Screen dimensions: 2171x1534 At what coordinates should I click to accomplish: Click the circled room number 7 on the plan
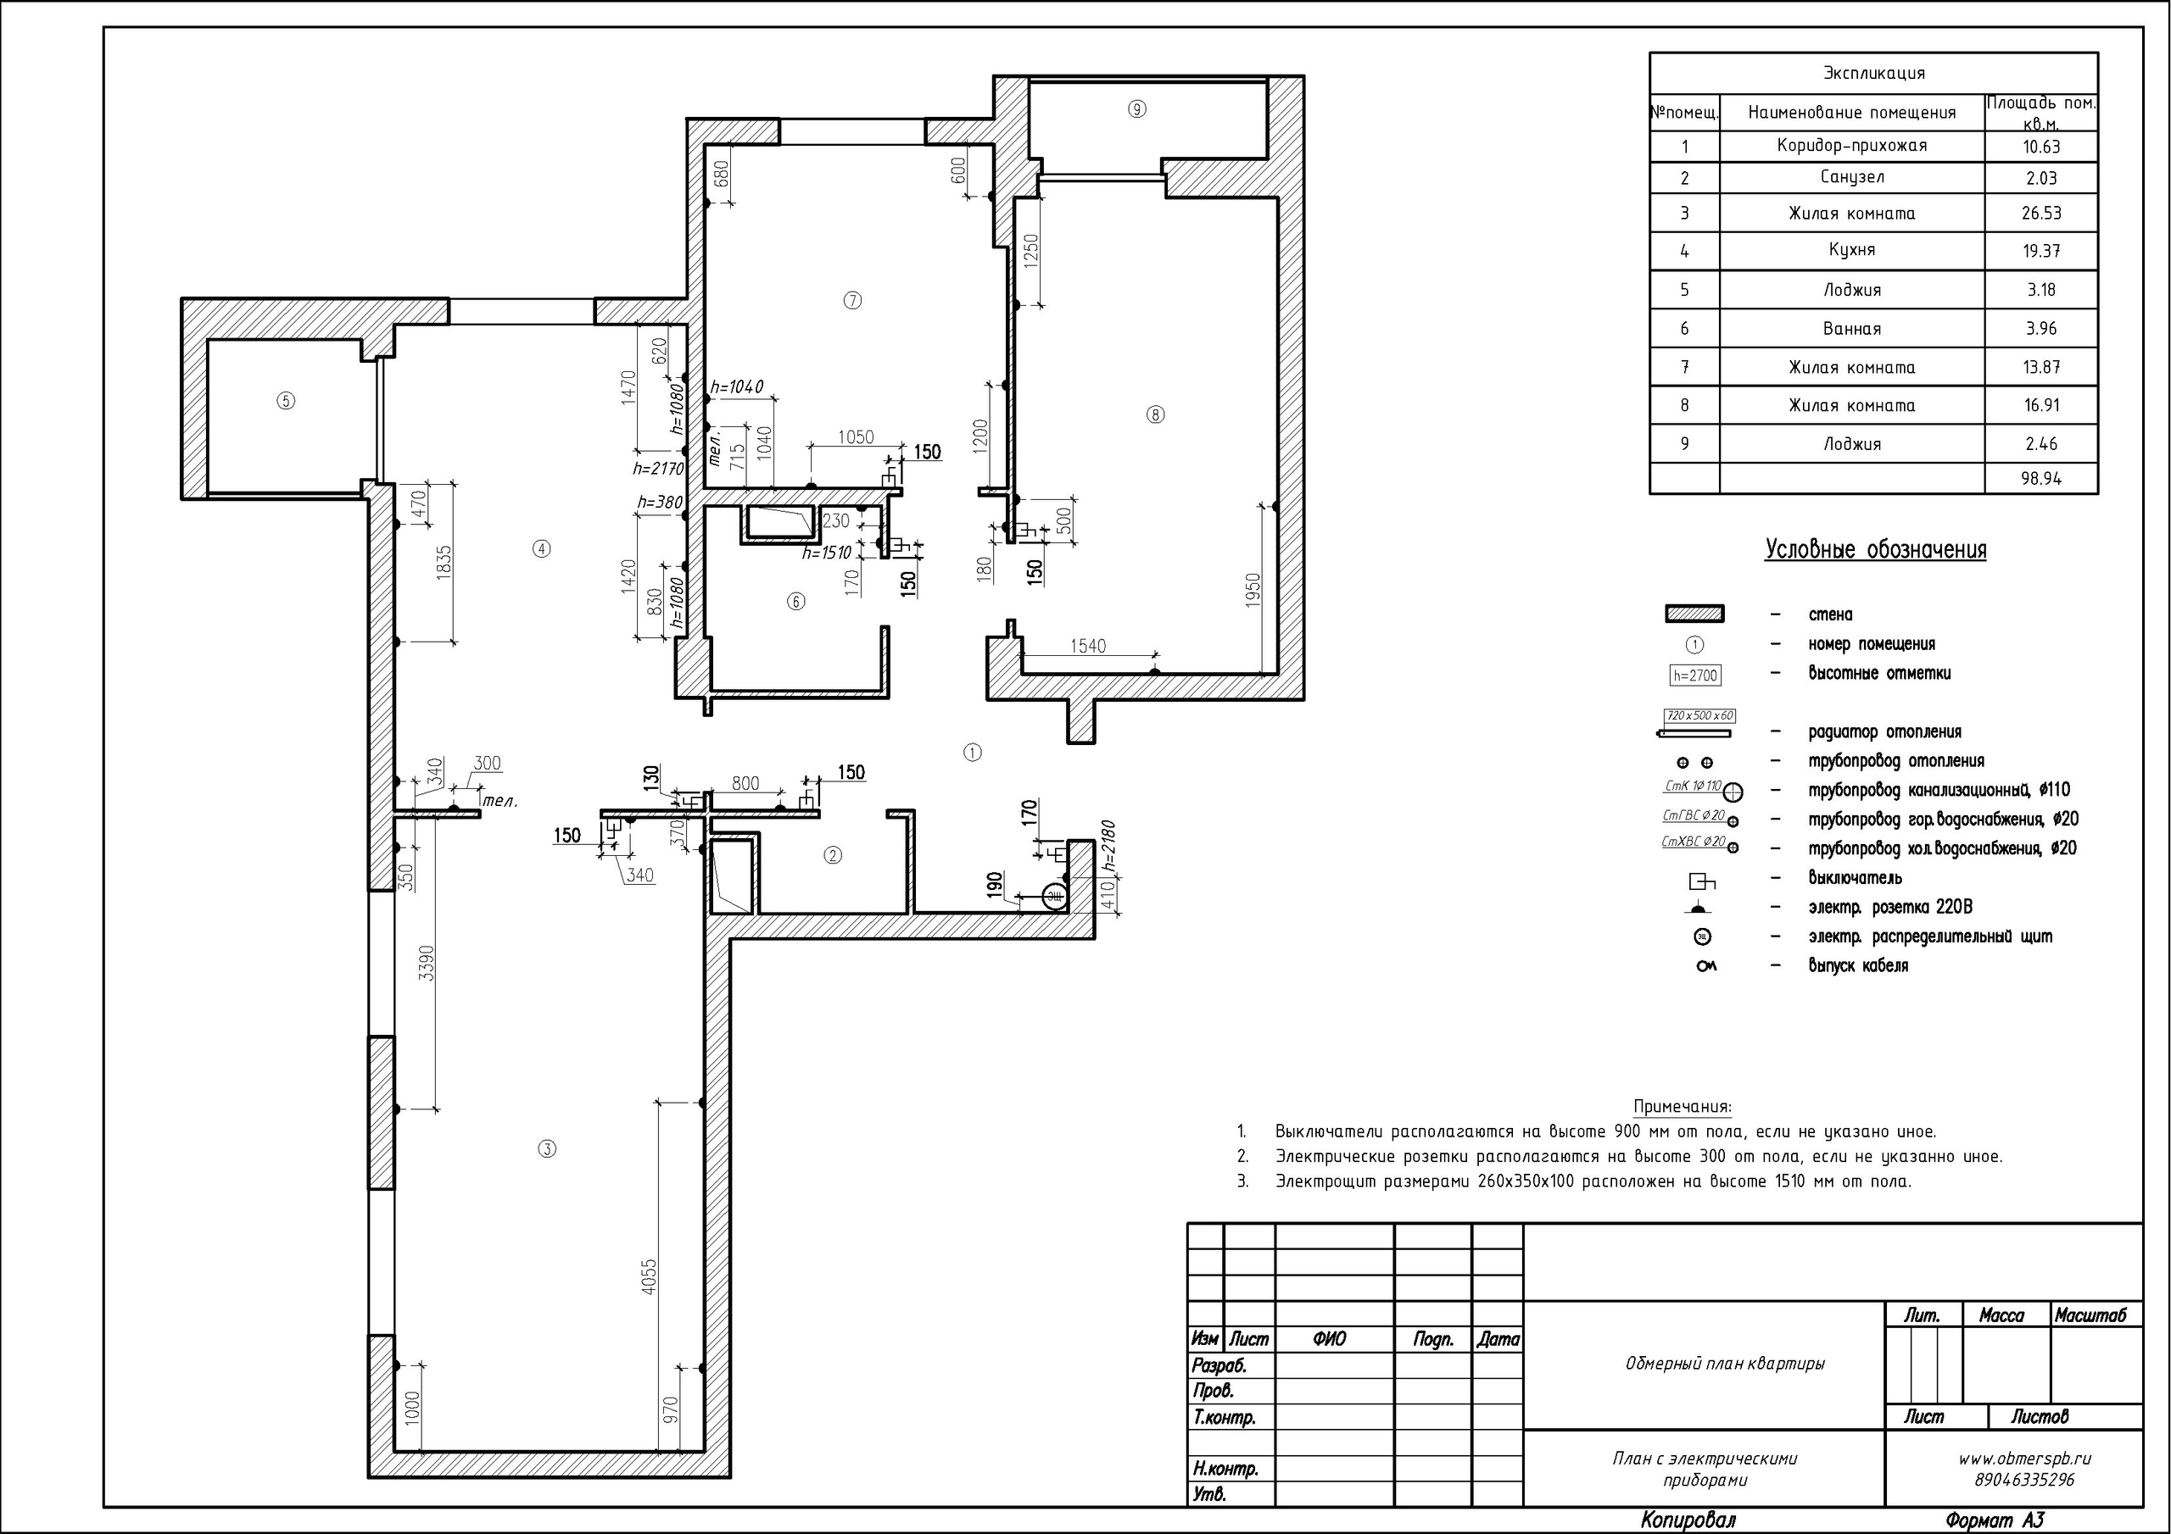[852, 301]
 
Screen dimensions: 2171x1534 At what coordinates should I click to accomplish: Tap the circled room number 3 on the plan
[546, 1149]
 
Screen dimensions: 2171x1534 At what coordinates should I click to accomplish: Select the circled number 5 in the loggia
[286, 401]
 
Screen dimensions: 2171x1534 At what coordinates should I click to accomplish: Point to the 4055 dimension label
[649, 1276]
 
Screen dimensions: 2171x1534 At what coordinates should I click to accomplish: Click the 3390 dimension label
[427, 962]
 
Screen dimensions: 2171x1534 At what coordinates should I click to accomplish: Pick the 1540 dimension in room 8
[1087, 647]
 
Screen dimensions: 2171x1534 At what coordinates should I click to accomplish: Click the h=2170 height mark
[658, 468]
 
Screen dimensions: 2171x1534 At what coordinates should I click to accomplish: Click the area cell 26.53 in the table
[2041, 214]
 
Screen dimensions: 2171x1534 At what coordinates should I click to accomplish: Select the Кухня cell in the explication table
[1851, 251]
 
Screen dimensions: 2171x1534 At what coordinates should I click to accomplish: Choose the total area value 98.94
[2041, 478]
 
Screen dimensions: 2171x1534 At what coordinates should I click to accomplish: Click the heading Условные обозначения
[1875, 550]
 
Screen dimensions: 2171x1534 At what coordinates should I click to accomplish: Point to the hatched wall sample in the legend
[1694, 614]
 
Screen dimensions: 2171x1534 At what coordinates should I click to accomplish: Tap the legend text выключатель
[1856, 878]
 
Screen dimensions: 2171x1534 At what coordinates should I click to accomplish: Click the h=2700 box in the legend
[1694, 675]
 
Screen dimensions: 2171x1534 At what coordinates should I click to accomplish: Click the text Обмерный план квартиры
[1725, 1364]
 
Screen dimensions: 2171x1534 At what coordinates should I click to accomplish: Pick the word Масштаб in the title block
[2090, 1315]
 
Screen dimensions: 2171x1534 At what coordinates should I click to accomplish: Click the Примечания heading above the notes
[1683, 1107]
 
